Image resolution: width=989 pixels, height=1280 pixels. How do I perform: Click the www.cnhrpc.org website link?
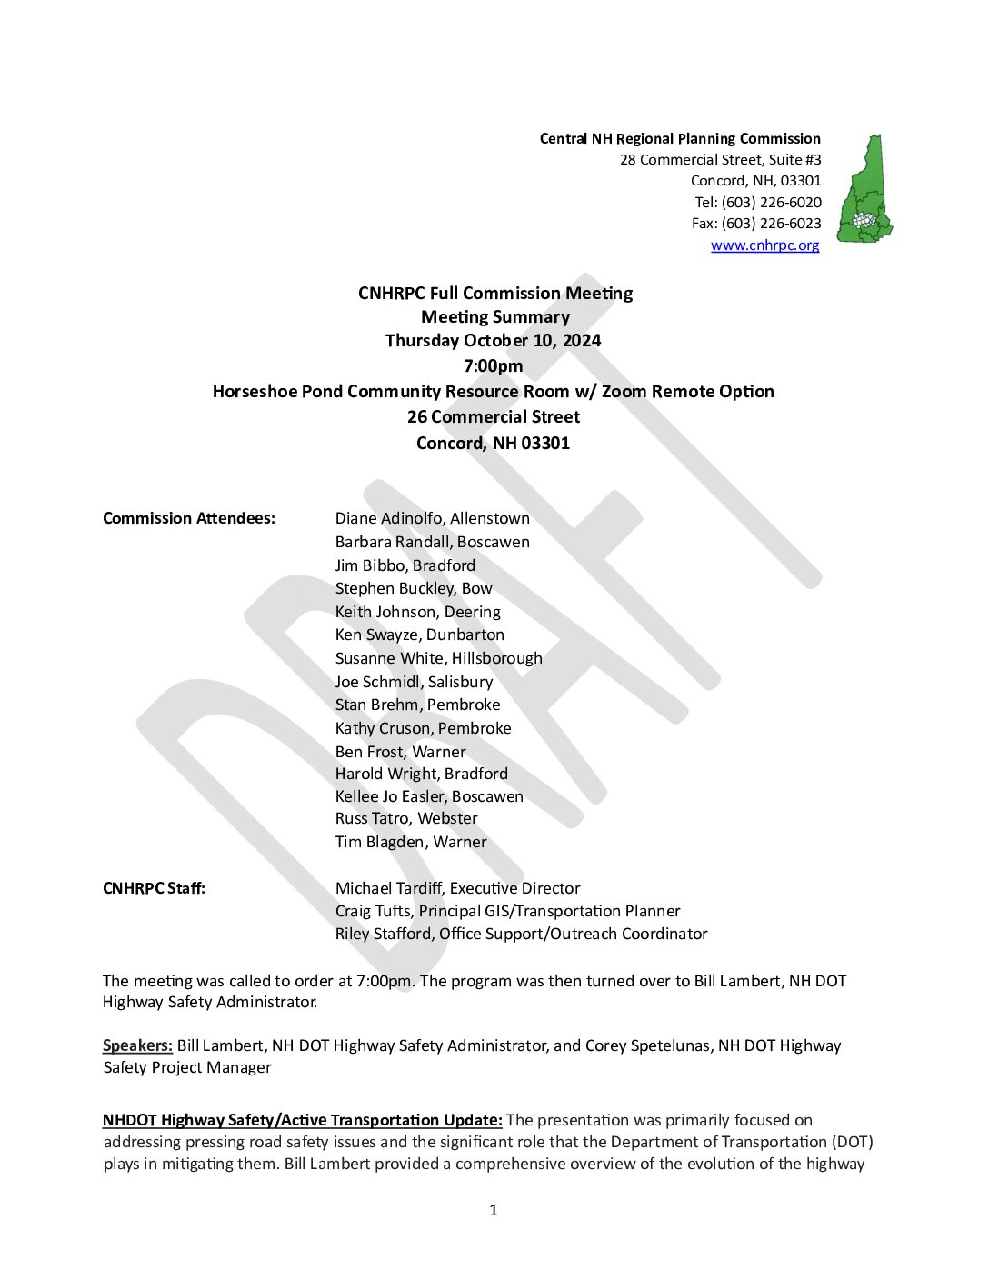coord(764,245)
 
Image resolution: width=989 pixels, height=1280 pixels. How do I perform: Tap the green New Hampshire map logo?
coord(864,189)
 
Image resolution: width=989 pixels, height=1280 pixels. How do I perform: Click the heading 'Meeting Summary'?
coord(494,317)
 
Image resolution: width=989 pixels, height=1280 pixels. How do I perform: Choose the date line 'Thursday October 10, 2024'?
coord(493,341)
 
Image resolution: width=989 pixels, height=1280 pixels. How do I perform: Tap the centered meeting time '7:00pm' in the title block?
coord(493,366)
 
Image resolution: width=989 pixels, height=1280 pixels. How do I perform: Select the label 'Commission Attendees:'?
coord(188,518)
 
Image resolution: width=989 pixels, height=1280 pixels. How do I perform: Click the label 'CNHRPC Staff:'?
coord(154,888)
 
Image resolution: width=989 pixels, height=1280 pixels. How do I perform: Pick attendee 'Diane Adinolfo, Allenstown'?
coord(432,518)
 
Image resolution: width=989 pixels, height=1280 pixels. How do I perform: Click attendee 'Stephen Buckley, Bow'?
coord(413,588)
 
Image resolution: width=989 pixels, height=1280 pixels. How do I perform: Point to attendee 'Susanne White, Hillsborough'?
coord(438,658)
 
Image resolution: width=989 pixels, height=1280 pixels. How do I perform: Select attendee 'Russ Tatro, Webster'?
coord(405,818)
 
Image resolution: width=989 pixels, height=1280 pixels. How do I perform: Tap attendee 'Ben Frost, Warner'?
coord(400,752)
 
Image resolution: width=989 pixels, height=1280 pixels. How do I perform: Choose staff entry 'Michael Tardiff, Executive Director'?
coord(457,888)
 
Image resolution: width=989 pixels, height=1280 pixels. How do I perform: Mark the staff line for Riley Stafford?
coord(521,934)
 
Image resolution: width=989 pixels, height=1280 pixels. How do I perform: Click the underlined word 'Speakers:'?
coord(137,1045)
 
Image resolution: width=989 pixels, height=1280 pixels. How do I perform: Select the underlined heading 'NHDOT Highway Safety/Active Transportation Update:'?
coord(302,1120)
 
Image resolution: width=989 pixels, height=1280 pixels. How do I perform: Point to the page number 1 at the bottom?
coord(494,1210)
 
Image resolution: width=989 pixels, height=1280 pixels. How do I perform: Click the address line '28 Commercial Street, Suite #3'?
coord(720,160)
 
